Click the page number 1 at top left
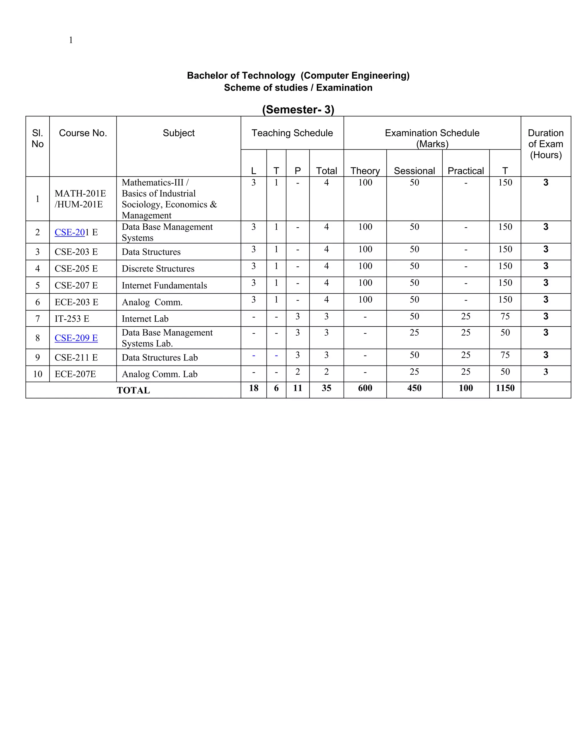(x=71, y=40)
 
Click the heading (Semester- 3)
(x=298, y=110)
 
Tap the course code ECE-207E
(x=75, y=374)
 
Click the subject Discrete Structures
(x=158, y=269)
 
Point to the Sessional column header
(x=414, y=171)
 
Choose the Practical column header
(x=465, y=171)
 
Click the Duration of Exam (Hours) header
(x=545, y=144)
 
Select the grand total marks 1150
(x=505, y=388)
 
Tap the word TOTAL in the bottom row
(x=133, y=390)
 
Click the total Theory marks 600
(x=365, y=388)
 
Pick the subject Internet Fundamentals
(x=164, y=285)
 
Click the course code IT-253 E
(x=72, y=319)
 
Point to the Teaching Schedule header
(x=292, y=133)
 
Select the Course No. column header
(x=83, y=133)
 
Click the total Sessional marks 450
(x=414, y=388)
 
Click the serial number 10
(x=38, y=374)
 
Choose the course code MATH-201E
(x=80, y=193)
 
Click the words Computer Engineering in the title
(x=355, y=76)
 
